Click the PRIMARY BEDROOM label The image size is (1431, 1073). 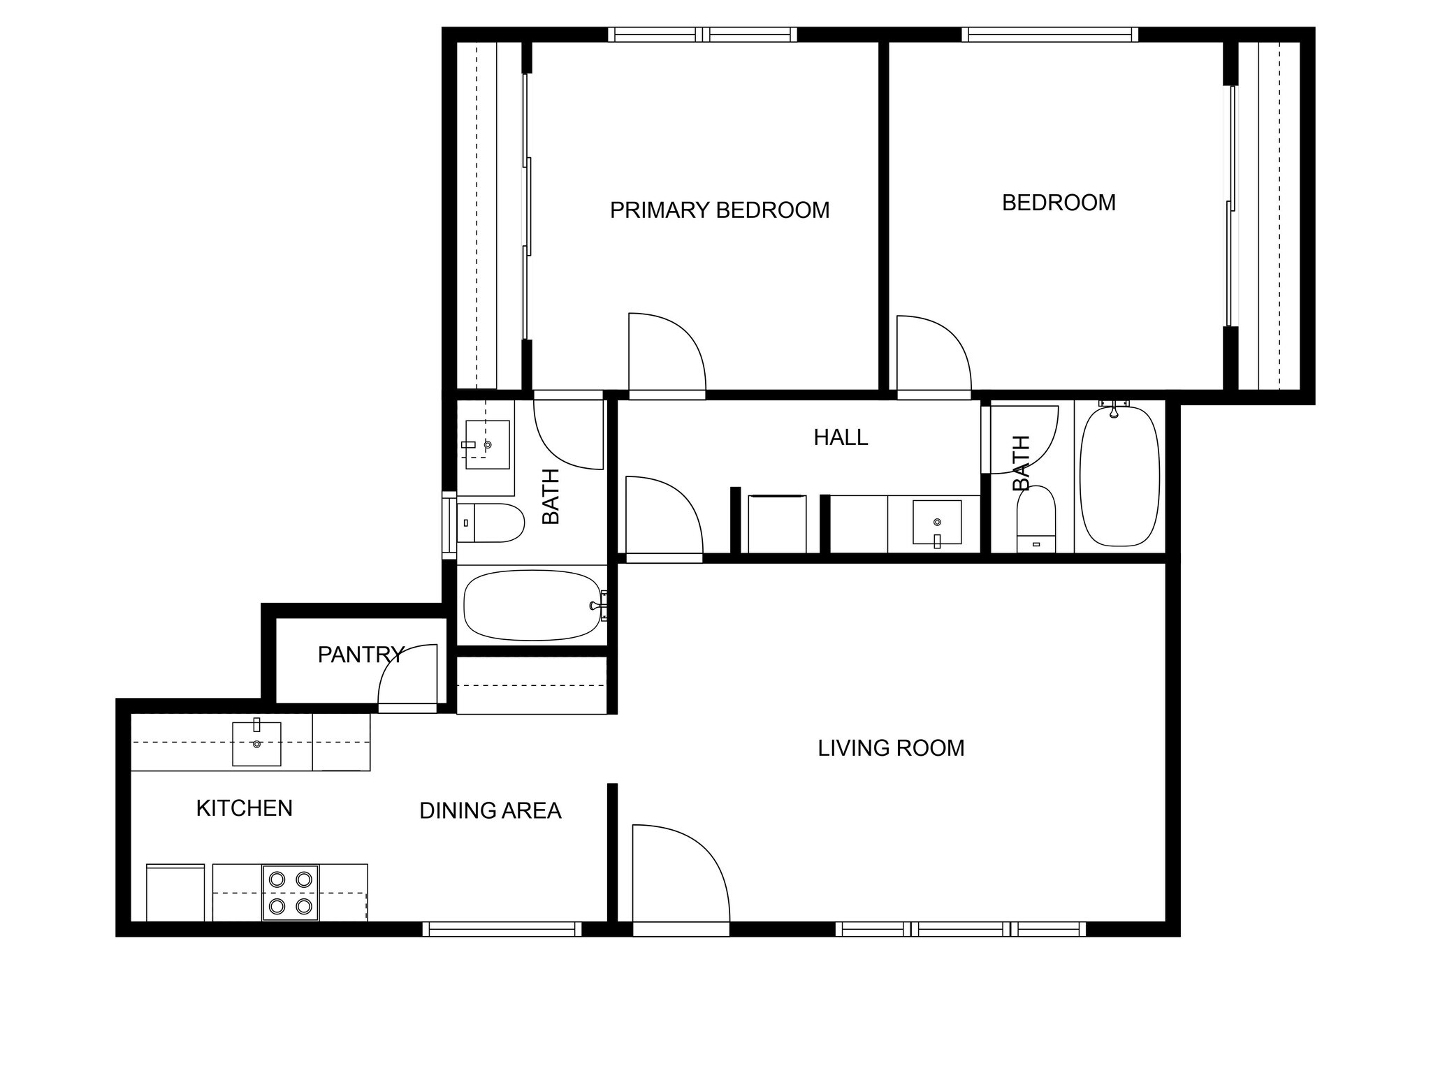[x=719, y=210]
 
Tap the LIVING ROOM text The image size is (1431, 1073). [x=891, y=748]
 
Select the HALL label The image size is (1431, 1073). [x=841, y=437]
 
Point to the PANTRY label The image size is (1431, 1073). [x=361, y=655]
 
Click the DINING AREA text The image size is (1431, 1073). [x=490, y=810]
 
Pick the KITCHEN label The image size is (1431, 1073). [x=244, y=808]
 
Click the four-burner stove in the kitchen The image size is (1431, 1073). [x=291, y=893]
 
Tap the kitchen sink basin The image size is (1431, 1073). [x=256, y=744]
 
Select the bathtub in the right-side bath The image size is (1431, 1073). [x=1119, y=476]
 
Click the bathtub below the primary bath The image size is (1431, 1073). [x=532, y=605]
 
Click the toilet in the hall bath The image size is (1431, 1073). [x=1036, y=520]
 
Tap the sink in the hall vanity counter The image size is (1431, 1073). [x=937, y=522]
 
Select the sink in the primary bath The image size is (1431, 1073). [x=486, y=444]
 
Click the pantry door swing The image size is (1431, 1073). [x=409, y=676]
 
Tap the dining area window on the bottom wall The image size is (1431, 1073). [x=502, y=929]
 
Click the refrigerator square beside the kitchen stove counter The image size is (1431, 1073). [x=175, y=893]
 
